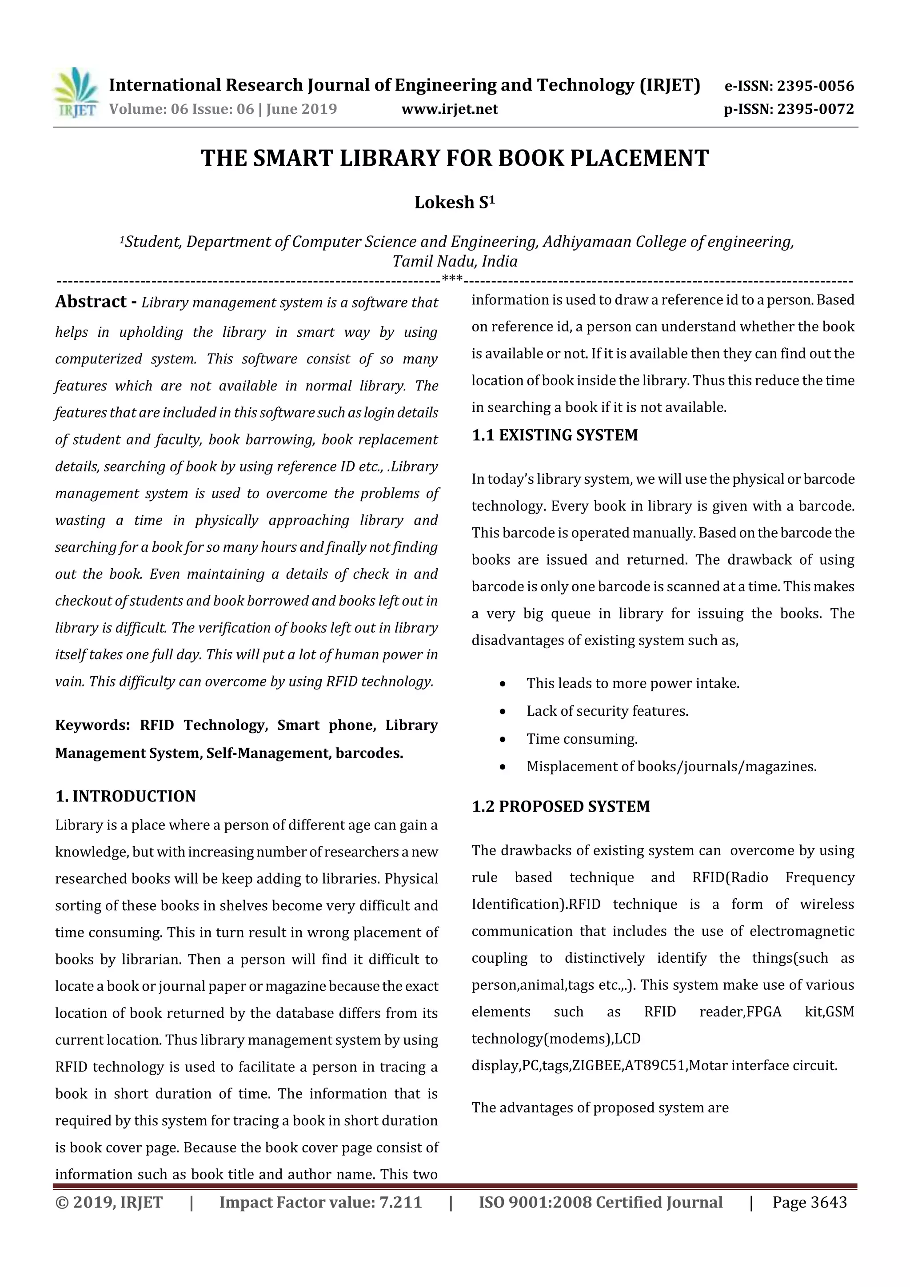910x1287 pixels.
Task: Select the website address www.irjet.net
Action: point(450,109)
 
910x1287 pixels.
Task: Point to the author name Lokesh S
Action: point(455,202)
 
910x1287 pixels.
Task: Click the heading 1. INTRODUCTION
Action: point(126,797)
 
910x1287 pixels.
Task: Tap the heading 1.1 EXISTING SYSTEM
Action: point(555,435)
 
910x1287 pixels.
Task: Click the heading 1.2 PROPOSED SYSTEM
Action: point(561,807)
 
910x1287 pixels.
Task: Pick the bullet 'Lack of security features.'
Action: point(607,711)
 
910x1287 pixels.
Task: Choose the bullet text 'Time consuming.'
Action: point(582,739)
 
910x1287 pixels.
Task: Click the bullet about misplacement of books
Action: point(671,767)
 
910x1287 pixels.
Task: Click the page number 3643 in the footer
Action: point(828,1202)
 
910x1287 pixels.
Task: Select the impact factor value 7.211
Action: point(399,1202)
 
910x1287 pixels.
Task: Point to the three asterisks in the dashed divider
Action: point(452,279)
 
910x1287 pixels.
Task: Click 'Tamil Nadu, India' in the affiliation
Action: point(455,262)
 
